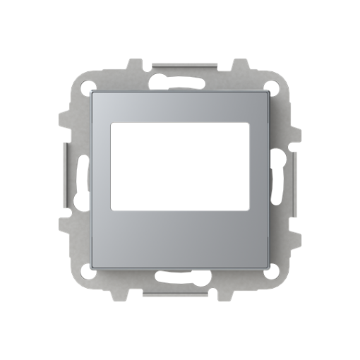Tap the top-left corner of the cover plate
[95, 93]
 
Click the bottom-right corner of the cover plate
[267, 266]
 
